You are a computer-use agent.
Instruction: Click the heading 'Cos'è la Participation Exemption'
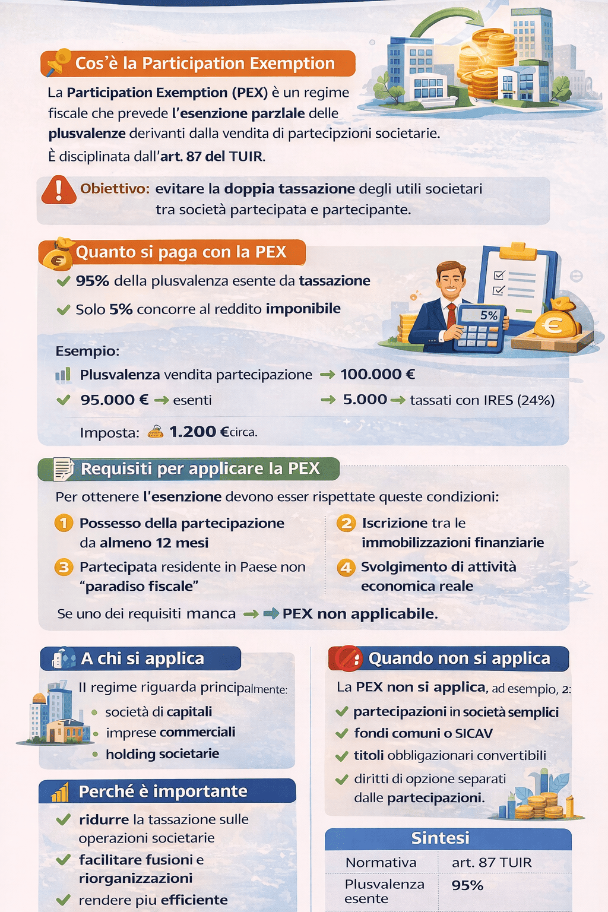tap(205, 64)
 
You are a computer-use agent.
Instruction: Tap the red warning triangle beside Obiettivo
tap(58, 190)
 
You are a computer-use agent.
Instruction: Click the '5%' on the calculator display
tap(489, 315)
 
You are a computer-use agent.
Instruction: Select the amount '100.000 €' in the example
tap(378, 375)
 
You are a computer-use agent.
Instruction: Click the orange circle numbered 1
tap(64, 523)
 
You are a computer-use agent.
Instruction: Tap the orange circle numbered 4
tap(346, 568)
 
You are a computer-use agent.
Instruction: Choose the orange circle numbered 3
tap(64, 567)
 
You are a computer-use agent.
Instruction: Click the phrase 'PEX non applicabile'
tap(360, 614)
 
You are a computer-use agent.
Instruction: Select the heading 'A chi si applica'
tap(142, 658)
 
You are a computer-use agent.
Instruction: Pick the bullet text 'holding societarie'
tap(162, 754)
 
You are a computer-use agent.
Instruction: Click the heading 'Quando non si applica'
tap(459, 658)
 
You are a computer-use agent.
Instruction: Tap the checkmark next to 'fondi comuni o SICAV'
tap(341, 734)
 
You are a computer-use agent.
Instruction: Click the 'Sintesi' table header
tap(441, 838)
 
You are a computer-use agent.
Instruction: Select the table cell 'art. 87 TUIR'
tap(492, 863)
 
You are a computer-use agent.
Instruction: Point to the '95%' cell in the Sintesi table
tap(468, 885)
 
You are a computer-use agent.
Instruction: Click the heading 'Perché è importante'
tap(163, 791)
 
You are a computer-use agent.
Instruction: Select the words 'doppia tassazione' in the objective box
tap(289, 189)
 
